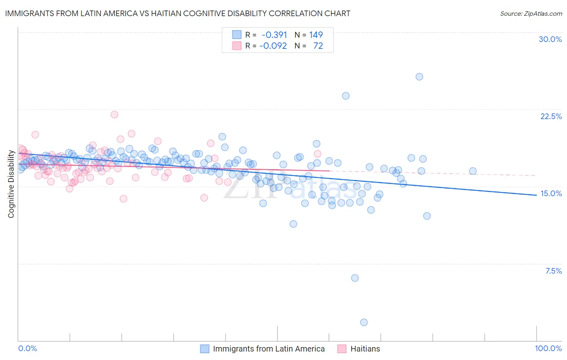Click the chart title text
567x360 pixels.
[x=177, y=13]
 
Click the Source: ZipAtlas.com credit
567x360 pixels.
[x=531, y=13]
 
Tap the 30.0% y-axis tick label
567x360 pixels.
[x=550, y=39]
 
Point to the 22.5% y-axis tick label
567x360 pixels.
[x=551, y=116]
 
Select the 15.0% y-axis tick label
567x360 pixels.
[x=551, y=193]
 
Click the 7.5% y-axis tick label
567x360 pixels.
[x=553, y=271]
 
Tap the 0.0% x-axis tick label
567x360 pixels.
[x=27, y=348]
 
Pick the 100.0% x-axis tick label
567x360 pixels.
[x=548, y=348]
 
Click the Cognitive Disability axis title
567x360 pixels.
[x=11, y=184]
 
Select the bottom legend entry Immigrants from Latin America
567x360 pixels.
[x=269, y=349]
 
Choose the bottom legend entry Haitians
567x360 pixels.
[x=365, y=349]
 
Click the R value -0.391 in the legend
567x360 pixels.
[x=274, y=35]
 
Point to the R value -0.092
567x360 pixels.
[x=273, y=46]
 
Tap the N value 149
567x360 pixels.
[x=316, y=35]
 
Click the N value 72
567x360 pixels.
[x=318, y=46]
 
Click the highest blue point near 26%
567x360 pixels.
[x=419, y=77]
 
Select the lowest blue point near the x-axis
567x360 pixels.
[x=364, y=322]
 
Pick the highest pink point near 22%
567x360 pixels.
[x=114, y=114]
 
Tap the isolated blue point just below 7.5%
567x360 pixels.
[x=355, y=278]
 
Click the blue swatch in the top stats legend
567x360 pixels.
[x=237, y=35]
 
